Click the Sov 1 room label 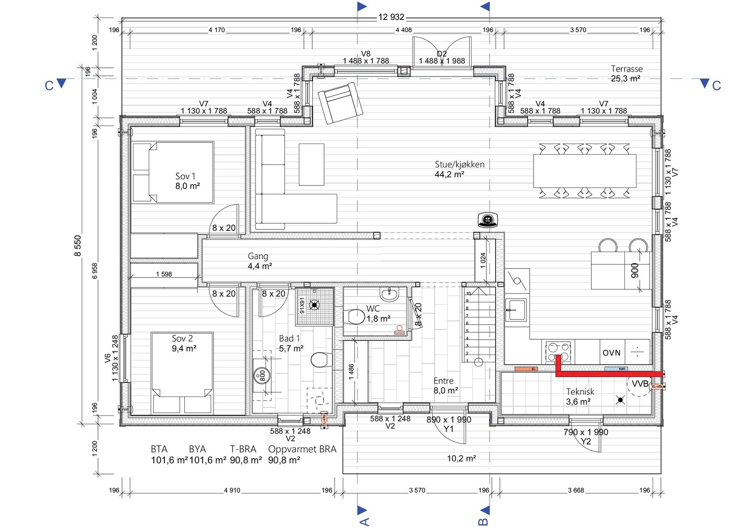185,176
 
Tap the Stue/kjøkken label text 459,164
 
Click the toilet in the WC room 355,317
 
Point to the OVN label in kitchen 611,353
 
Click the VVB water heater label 640,384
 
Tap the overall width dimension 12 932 391,17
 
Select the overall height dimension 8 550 78,246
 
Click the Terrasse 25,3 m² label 626,73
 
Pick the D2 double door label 442,54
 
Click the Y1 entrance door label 448,429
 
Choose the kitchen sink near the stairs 516,310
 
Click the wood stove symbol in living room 488,220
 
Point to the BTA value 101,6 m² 169,460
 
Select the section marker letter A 364,522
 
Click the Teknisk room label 580,391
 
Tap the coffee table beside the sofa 311,164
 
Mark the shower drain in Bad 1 315,305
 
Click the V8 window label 365,54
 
